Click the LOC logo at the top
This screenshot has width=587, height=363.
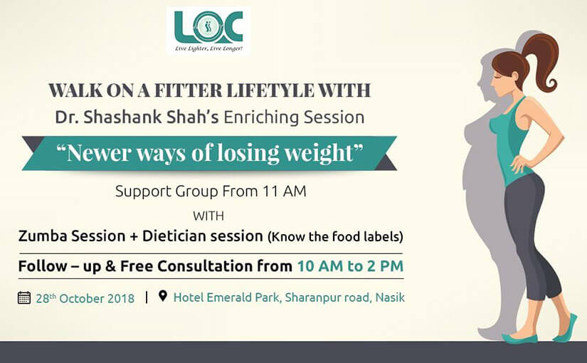[x=208, y=31]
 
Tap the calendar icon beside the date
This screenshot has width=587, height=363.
[x=24, y=298]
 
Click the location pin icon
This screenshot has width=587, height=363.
[x=162, y=296]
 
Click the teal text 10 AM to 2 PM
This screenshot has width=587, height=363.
[x=350, y=266]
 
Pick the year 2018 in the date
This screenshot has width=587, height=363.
[x=121, y=298]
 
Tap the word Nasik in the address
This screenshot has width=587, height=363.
[x=390, y=298]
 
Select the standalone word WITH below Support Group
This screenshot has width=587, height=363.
[x=208, y=216]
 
